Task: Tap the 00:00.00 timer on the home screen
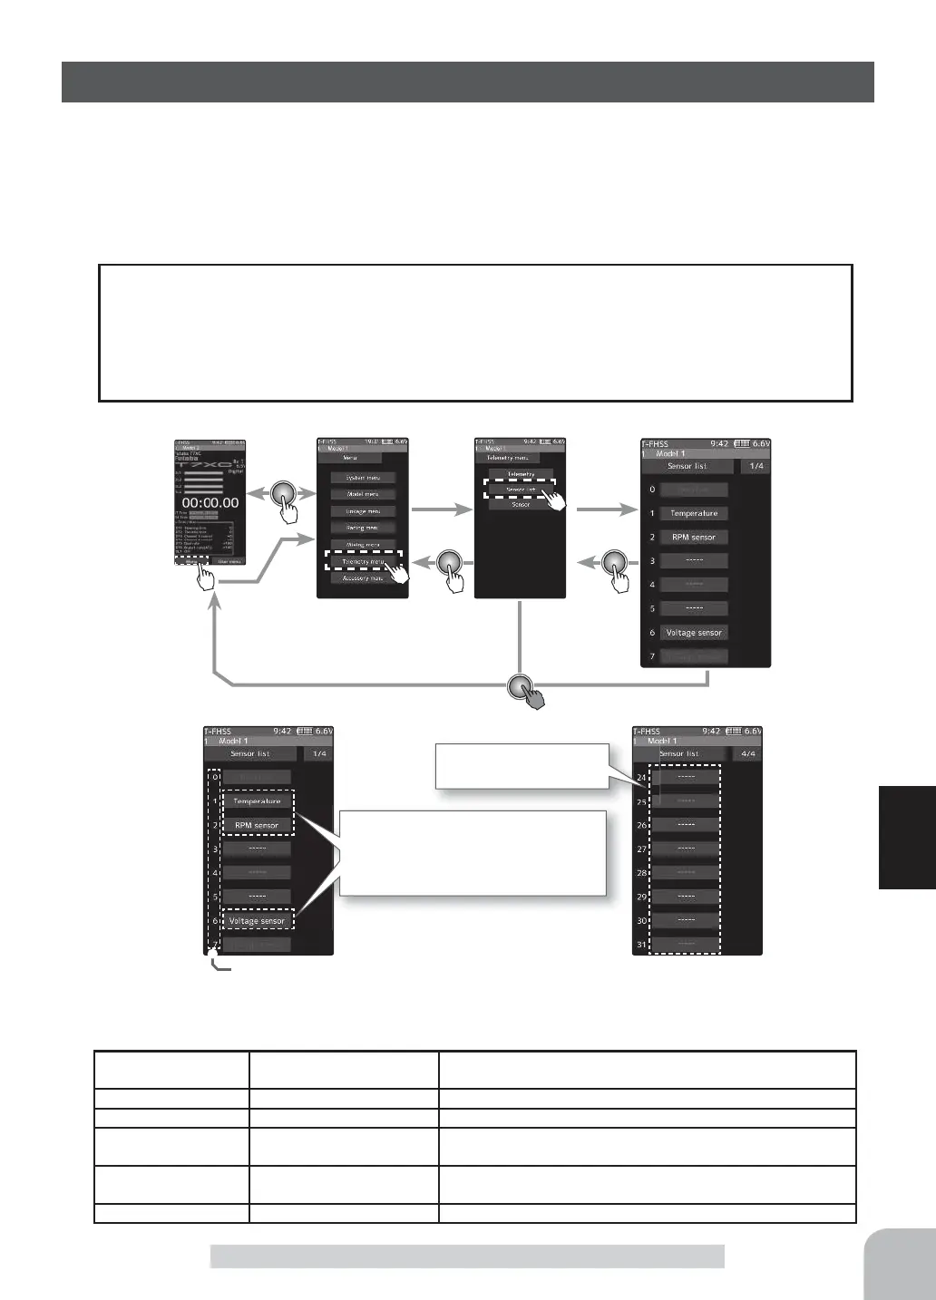210,502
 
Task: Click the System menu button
362,478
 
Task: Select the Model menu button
362,494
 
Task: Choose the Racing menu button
362,528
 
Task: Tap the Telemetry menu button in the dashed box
362,562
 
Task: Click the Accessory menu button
362,577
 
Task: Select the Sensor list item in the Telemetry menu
520,489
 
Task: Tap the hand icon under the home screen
206,577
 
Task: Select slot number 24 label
642,778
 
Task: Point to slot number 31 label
642,945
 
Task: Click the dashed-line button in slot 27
686,849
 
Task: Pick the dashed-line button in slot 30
686,920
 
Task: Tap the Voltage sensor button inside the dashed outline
257,921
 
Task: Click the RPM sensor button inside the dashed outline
257,826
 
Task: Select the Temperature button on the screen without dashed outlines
694,513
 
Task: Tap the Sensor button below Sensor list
520,504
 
